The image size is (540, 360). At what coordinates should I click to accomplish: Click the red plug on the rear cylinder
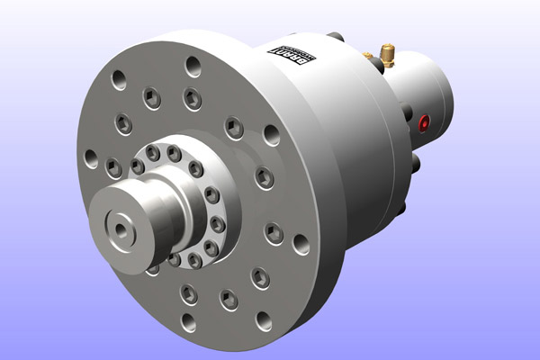pos(425,121)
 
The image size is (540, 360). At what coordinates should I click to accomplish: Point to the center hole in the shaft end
pos(121,229)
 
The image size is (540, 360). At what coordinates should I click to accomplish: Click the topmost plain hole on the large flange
pos(193,65)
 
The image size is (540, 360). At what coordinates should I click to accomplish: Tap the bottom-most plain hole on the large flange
pos(188,321)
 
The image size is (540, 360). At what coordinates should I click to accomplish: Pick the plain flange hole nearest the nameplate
pos(270,136)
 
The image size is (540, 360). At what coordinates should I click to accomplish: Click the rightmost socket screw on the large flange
pos(275,234)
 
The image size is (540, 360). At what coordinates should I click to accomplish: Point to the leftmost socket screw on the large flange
pos(113,166)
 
